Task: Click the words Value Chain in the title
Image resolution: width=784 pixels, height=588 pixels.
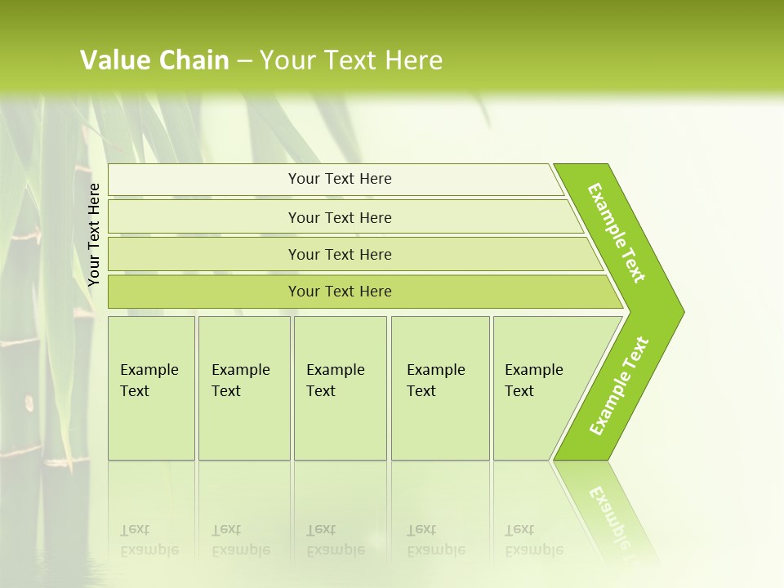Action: (x=154, y=60)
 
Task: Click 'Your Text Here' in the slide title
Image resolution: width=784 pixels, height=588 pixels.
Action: (x=351, y=60)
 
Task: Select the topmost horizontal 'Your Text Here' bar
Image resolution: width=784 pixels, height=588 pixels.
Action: (x=340, y=179)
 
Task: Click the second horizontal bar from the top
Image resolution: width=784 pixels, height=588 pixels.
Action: (x=340, y=217)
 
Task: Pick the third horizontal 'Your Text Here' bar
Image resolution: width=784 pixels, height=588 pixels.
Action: (x=340, y=254)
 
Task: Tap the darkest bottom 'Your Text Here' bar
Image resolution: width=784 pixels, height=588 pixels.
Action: (x=340, y=292)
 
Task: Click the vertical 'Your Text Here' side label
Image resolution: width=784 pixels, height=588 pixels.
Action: (x=94, y=235)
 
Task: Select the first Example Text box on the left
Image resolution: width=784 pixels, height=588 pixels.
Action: (x=151, y=387)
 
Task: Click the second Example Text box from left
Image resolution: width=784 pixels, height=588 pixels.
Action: (x=243, y=387)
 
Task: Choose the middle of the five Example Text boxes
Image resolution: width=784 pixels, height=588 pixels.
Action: (x=340, y=387)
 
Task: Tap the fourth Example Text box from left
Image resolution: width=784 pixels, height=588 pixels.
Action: (x=439, y=387)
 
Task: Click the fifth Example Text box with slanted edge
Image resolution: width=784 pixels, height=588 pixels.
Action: (x=539, y=387)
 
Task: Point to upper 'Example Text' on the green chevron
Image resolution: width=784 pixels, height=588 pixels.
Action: (x=617, y=233)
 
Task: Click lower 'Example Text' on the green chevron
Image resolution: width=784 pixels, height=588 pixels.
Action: (x=619, y=385)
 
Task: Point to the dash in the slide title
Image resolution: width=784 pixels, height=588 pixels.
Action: (x=244, y=61)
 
